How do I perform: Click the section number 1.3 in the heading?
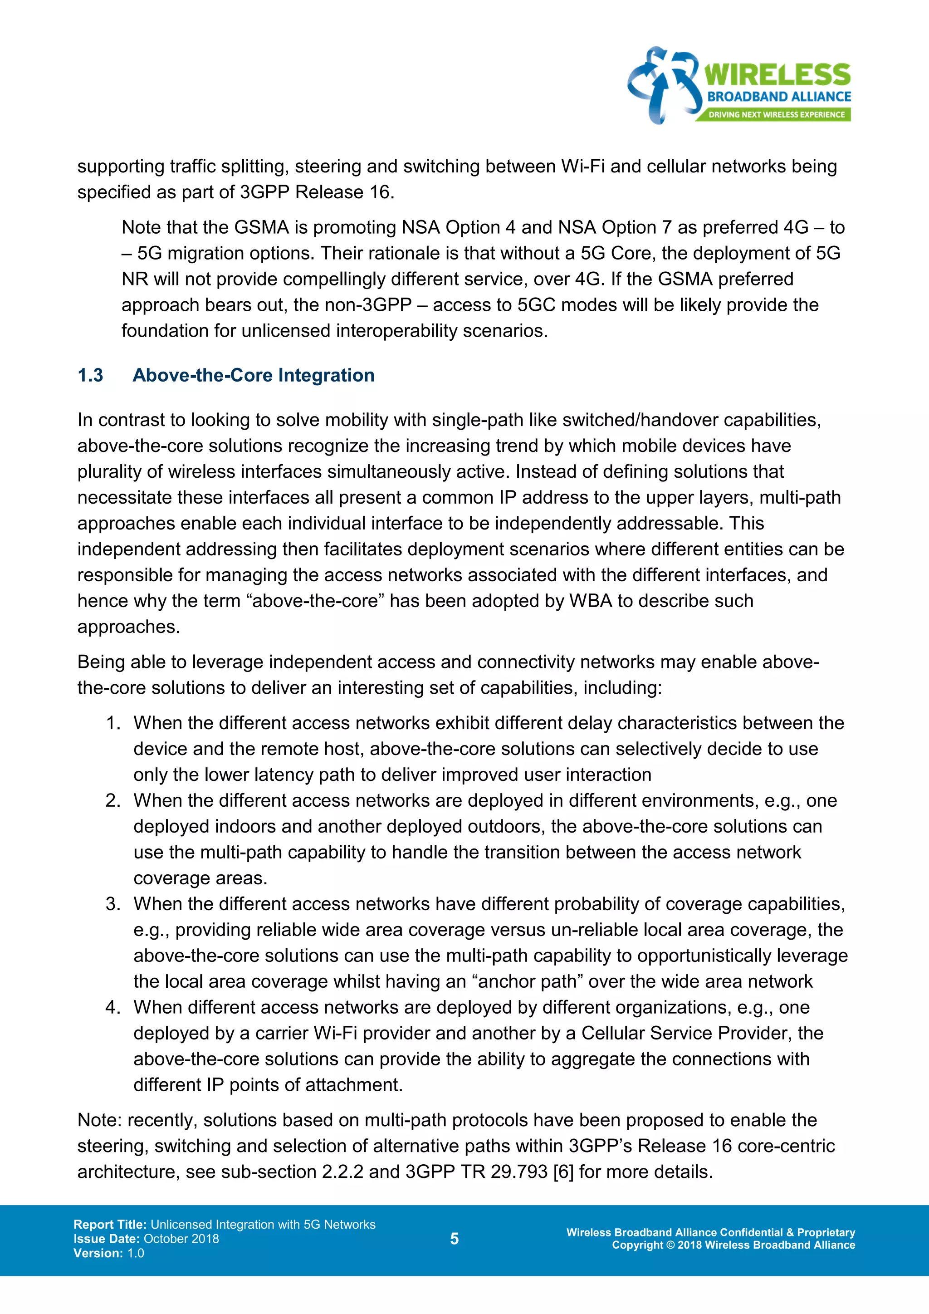[90, 375]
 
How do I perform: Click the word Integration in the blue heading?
[326, 375]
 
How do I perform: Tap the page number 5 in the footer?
[454, 1239]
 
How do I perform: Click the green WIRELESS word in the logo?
[777, 75]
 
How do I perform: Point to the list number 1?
[112, 723]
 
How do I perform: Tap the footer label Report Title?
[110, 1224]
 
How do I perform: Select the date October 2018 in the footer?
[181, 1239]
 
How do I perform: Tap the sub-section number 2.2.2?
[342, 1172]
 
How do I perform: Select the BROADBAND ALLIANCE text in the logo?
[779, 97]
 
